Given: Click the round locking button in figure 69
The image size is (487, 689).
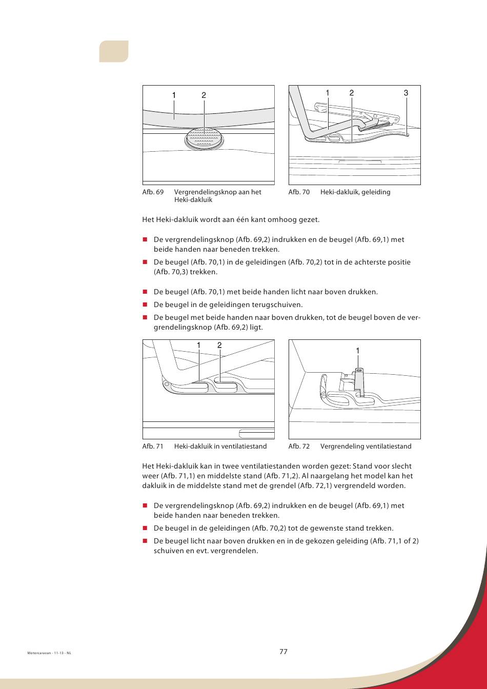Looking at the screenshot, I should point(205,138).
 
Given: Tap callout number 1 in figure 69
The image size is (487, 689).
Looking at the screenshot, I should point(174,95).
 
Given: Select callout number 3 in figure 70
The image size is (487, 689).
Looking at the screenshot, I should point(406,93).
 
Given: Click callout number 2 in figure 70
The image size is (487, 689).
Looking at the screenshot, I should point(352,93).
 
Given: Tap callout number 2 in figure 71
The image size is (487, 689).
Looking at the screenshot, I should point(219,346).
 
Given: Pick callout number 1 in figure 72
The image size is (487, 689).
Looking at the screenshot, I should point(358,351).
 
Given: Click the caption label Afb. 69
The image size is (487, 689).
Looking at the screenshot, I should point(153,192).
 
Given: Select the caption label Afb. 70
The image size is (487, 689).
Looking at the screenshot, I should point(299,192).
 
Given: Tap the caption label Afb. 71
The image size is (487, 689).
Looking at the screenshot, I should point(153,447).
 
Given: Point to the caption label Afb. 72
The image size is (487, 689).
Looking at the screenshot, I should point(299,447).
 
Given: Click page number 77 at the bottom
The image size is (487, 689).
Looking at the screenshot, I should point(283,652).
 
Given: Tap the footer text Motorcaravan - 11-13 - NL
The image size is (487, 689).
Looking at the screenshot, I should point(49,654).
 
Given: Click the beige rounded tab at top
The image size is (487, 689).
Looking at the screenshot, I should point(113,51).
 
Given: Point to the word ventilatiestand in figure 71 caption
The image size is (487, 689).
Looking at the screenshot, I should point(243,447).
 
